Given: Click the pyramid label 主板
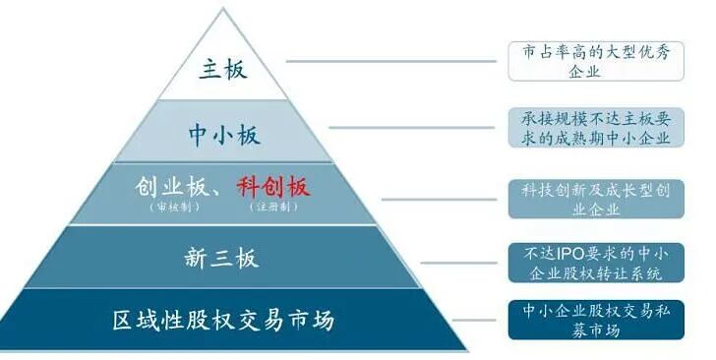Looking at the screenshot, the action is click(223, 71).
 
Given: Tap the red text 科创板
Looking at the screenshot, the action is click(273, 187).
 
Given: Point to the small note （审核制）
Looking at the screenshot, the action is click(169, 210).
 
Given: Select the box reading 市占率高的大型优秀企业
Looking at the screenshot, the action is click(589, 62).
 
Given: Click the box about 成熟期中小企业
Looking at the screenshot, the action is click(589, 128).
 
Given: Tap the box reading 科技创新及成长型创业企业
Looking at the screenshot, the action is click(589, 198).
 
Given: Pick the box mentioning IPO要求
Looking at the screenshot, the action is click(589, 261).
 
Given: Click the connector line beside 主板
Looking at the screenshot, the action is click(393, 62).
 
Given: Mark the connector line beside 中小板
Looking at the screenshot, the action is click(417, 127).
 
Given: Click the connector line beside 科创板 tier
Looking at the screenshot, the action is click(443, 199).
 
